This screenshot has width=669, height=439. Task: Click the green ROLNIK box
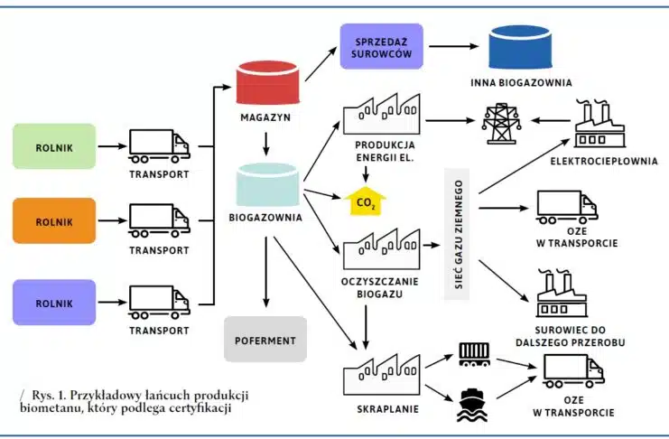54,146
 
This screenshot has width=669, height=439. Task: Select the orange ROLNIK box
54,221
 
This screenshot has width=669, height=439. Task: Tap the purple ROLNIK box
54,302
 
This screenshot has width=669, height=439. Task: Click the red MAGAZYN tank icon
265,83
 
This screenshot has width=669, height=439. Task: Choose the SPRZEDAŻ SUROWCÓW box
382,47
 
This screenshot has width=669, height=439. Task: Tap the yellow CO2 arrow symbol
365,199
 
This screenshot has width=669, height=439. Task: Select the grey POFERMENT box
266,341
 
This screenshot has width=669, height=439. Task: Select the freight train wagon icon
474,353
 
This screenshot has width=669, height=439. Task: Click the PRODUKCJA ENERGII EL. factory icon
383,118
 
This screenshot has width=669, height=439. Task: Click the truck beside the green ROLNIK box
160,145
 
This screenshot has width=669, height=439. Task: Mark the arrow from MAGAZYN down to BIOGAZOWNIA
265,143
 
